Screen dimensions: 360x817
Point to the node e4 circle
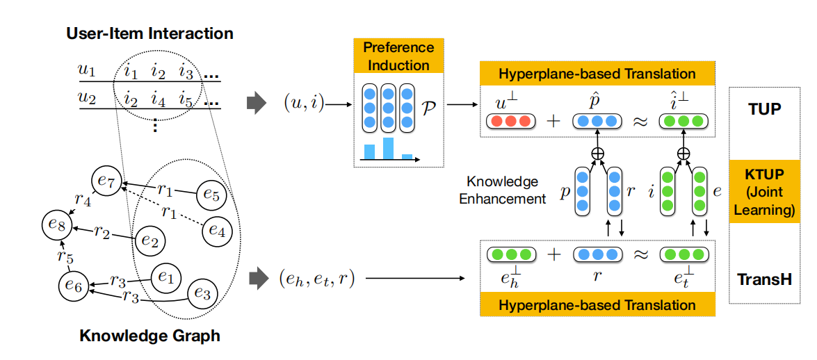pyautogui.click(x=217, y=231)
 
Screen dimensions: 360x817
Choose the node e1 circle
pyautogui.click(x=165, y=277)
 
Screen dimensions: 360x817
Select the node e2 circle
pyautogui.click(x=148, y=240)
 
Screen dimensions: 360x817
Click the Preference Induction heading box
pyautogui.click(x=398, y=57)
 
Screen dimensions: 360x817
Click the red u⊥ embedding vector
pyautogui.click(x=509, y=121)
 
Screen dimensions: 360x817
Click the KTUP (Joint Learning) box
pyautogui.click(x=763, y=190)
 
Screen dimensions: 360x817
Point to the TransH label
pyautogui.click(x=764, y=280)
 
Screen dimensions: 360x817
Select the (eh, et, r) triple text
pyautogui.click(x=318, y=279)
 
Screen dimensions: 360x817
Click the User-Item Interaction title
pyautogui.click(x=149, y=33)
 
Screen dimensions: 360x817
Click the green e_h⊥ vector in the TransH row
pyautogui.click(x=509, y=254)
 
